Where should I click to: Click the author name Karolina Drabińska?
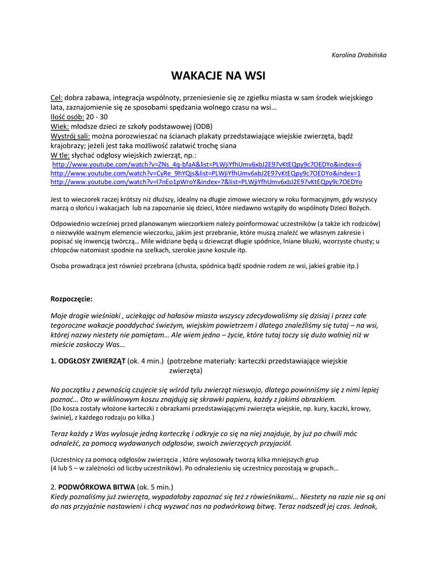(359, 55)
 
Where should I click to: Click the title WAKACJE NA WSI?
(218, 76)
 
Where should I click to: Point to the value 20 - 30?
(97, 117)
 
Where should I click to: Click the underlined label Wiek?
(60, 127)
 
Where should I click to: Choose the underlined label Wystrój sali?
(70, 136)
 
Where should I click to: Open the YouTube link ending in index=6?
(207, 165)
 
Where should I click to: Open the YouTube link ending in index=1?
(206, 173)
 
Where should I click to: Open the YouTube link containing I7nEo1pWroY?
(206, 181)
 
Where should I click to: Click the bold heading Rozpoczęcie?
(72, 299)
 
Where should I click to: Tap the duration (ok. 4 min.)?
(145, 361)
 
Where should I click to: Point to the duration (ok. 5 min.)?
(155, 487)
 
